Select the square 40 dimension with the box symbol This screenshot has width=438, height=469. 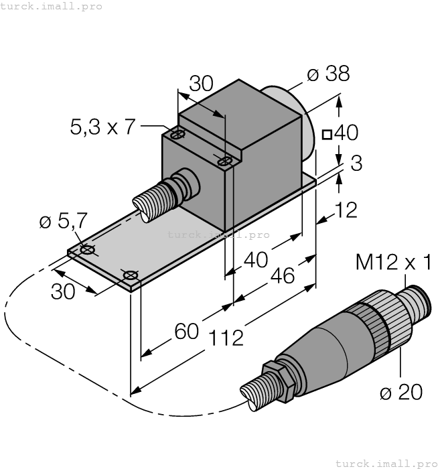pos(341,133)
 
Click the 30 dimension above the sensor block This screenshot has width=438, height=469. pos(201,83)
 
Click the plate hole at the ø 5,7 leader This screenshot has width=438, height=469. pos(87,250)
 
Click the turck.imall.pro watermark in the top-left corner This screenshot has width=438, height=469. pos(52,6)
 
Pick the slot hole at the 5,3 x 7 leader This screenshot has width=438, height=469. pos(177,135)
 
